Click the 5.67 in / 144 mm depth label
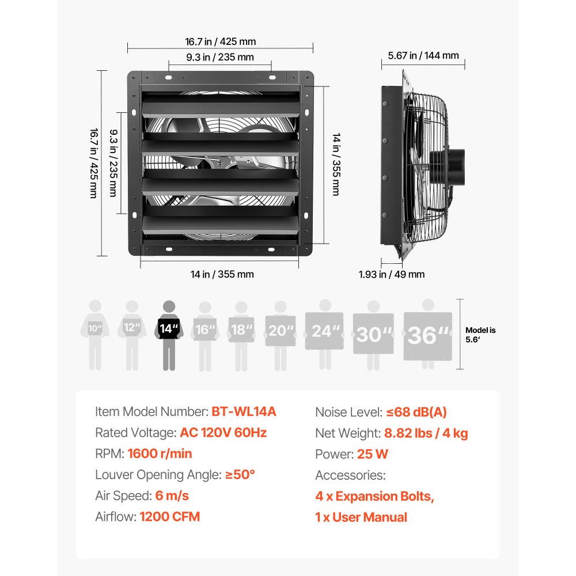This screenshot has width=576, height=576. pyautogui.click(x=423, y=55)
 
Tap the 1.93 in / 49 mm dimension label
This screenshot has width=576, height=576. pyautogui.click(x=392, y=274)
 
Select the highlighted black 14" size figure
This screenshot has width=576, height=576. pyautogui.click(x=169, y=335)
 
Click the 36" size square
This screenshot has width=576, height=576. pyautogui.click(x=427, y=336)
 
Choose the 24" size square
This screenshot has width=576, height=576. pyautogui.click(x=324, y=331)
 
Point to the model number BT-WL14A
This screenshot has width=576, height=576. pyautogui.click(x=244, y=411)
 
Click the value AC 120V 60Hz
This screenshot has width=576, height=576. pyautogui.click(x=223, y=433)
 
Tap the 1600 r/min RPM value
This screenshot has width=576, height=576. pyautogui.click(x=160, y=453)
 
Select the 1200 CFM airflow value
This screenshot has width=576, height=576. pyautogui.click(x=170, y=517)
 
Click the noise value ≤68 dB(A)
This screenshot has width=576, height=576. pyautogui.click(x=416, y=412)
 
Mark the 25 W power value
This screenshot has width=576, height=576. pyautogui.click(x=373, y=454)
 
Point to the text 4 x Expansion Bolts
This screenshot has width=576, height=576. pyautogui.click(x=374, y=497)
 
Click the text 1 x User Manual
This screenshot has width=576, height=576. pyautogui.click(x=361, y=517)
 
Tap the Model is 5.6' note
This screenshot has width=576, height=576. pyautogui.click(x=480, y=335)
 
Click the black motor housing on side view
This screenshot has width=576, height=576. pyautogui.click(x=448, y=167)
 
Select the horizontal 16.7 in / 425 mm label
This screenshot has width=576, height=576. pyautogui.click(x=221, y=41)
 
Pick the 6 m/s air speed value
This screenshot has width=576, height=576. pyautogui.click(x=172, y=495)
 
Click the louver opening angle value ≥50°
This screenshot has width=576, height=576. pyautogui.click(x=240, y=475)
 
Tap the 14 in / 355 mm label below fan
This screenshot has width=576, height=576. pyautogui.click(x=222, y=274)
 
